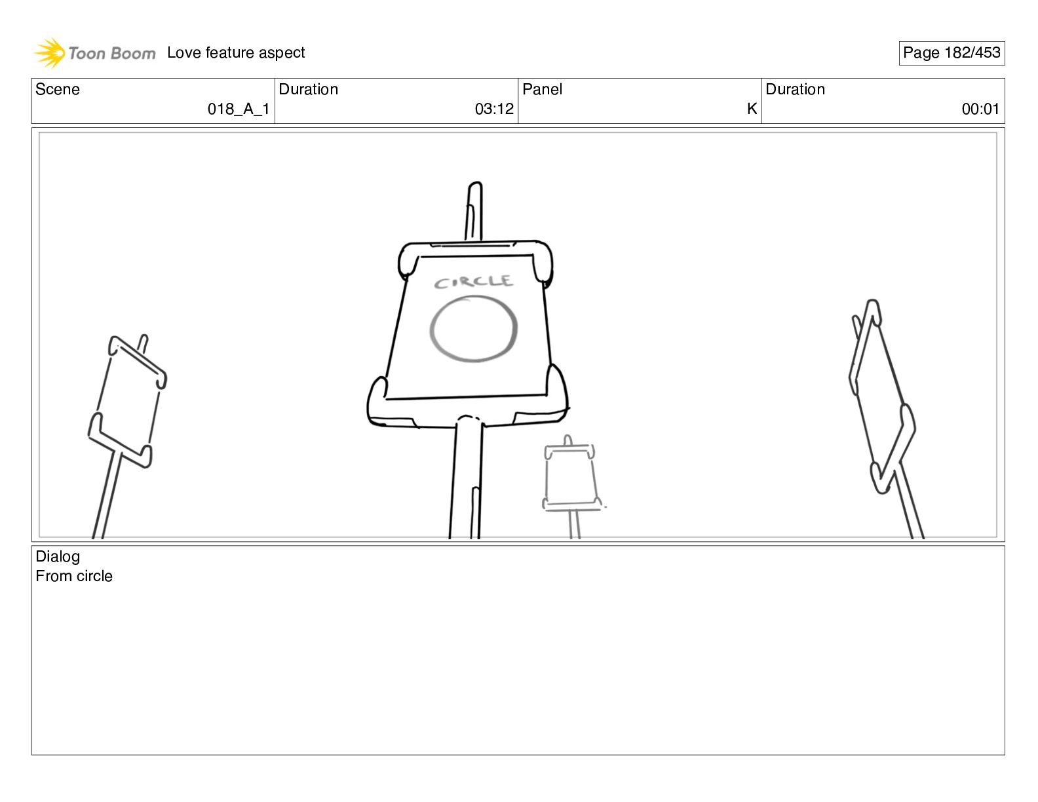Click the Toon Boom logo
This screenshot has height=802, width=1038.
point(95,53)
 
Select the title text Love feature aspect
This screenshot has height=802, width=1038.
point(236,53)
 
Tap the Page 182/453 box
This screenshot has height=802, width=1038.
point(951,53)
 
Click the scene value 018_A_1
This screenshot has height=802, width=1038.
point(239,109)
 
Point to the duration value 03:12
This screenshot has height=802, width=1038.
point(494,109)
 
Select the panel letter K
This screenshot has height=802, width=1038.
point(752,109)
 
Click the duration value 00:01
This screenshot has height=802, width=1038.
point(980,109)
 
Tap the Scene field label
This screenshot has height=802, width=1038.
point(58,90)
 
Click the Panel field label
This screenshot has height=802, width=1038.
point(543,90)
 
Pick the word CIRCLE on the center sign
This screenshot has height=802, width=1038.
point(474,282)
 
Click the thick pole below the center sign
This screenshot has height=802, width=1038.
point(466,482)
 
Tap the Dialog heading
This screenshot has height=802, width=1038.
point(58,557)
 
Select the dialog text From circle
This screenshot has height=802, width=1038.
point(74,577)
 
